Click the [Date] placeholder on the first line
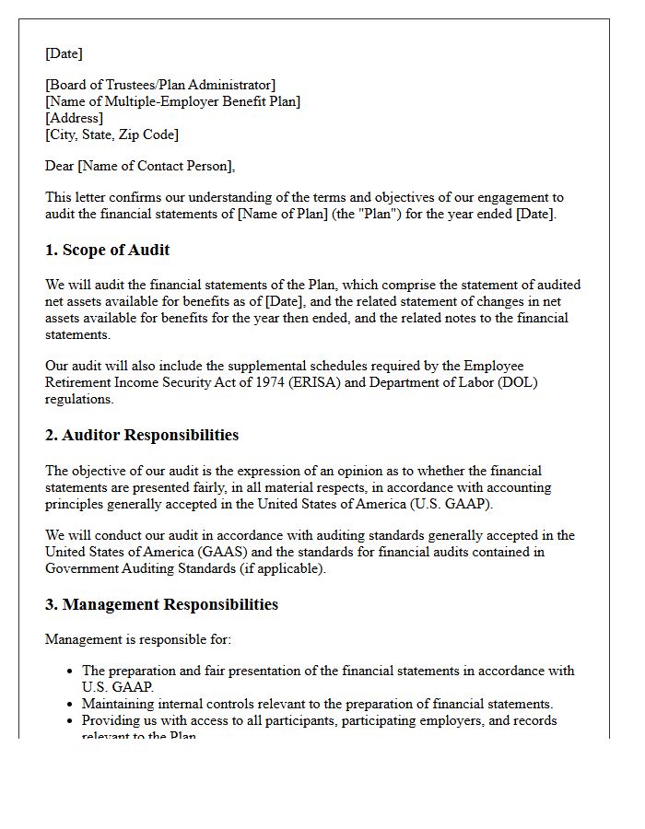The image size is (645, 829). click(64, 53)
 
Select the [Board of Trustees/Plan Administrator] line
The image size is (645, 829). click(160, 86)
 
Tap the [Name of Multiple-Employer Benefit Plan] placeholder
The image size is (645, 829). click(172, 102)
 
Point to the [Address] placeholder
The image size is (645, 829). click(74, 118)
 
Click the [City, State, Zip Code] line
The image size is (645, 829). click(111, 134)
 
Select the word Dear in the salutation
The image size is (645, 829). click(60, 167)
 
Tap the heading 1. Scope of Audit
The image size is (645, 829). click(107, 251)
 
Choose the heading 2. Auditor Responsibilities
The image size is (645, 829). click(142, 436)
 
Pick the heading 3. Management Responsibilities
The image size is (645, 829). click(161, 605)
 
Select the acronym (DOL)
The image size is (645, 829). click(518, 382)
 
